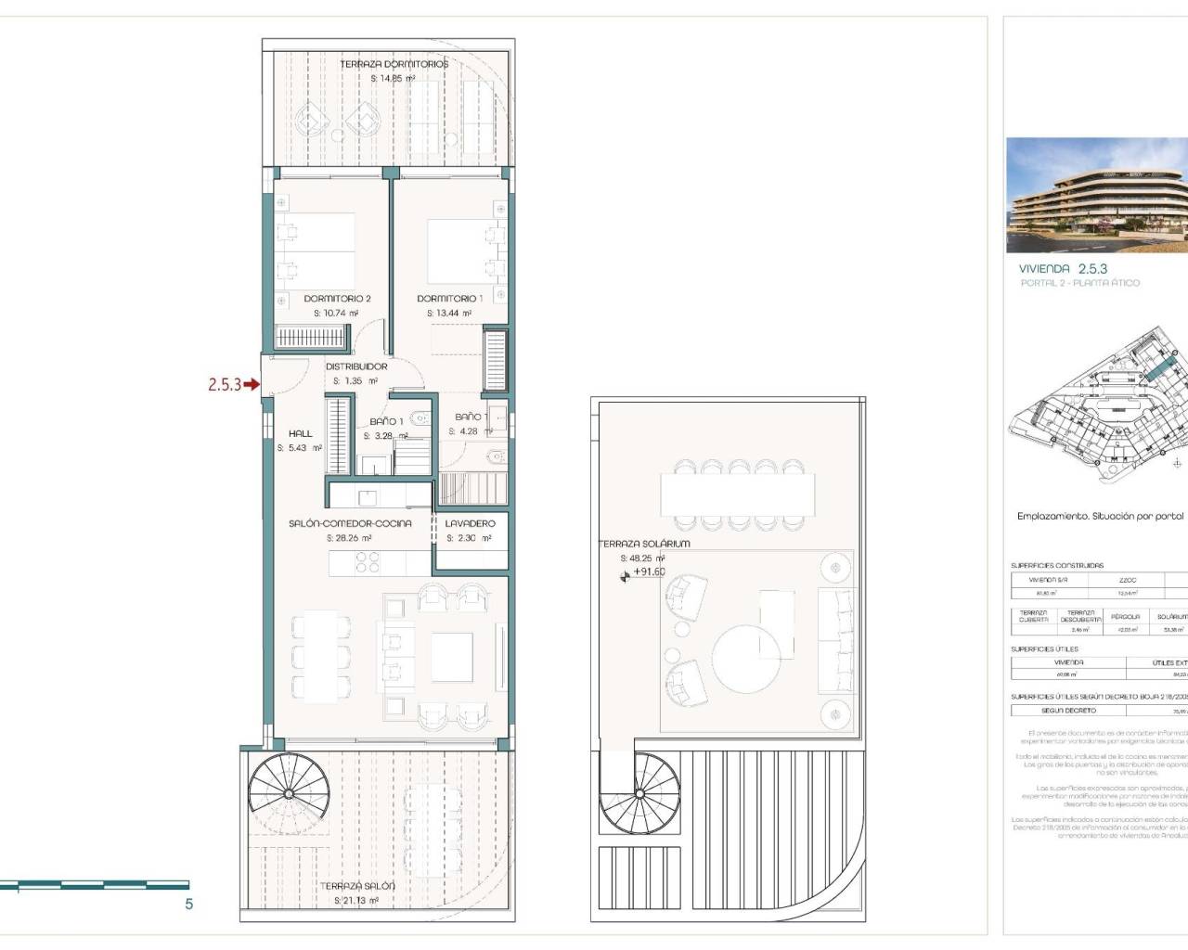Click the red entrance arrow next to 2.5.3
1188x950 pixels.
tap(252, 384)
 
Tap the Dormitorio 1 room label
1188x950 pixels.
tap(449, 299)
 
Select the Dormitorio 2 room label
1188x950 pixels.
tap(337, 299)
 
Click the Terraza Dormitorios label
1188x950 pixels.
tap(394, 64)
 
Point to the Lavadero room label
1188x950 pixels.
tap(470, 523)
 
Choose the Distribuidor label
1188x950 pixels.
tap(356, 366)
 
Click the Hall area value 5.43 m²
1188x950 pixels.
tap(299, 448)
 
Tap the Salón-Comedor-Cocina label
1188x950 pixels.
tap(350, 523)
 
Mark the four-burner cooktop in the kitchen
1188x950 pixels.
tap(368, 562)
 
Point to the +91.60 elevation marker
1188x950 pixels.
tap(649, 571)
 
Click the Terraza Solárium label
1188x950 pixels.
tap(644, 544)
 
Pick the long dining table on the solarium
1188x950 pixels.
tap(737, 494)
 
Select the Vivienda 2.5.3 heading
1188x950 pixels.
tap(1063, 268)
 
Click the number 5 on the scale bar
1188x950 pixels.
tap(189, 904)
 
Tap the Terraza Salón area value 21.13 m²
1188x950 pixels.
tap(356, 901)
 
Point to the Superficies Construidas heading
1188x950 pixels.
tap(1057, 565)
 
